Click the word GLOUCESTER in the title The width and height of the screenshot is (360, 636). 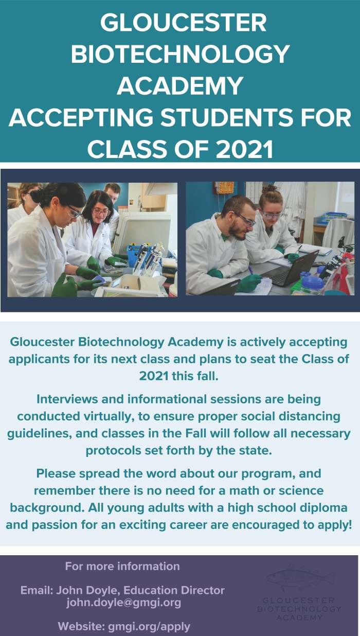[183, 23]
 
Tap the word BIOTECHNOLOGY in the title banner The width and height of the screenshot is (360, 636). [180, 54]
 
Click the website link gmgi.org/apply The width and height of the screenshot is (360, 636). [149, 626]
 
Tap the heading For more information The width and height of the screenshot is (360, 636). [122, 566]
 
